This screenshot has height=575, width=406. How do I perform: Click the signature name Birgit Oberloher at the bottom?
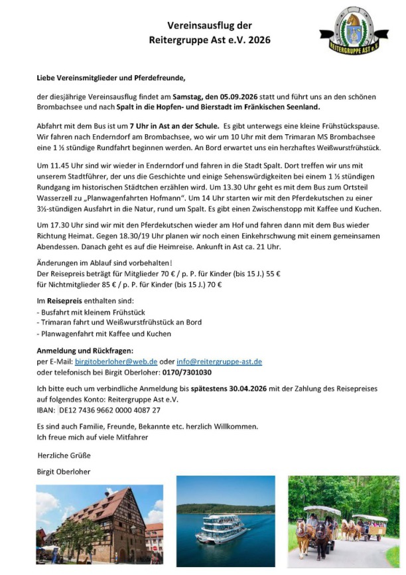point(63,471)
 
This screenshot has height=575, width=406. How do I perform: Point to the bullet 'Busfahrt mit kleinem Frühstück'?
point(92,312)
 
